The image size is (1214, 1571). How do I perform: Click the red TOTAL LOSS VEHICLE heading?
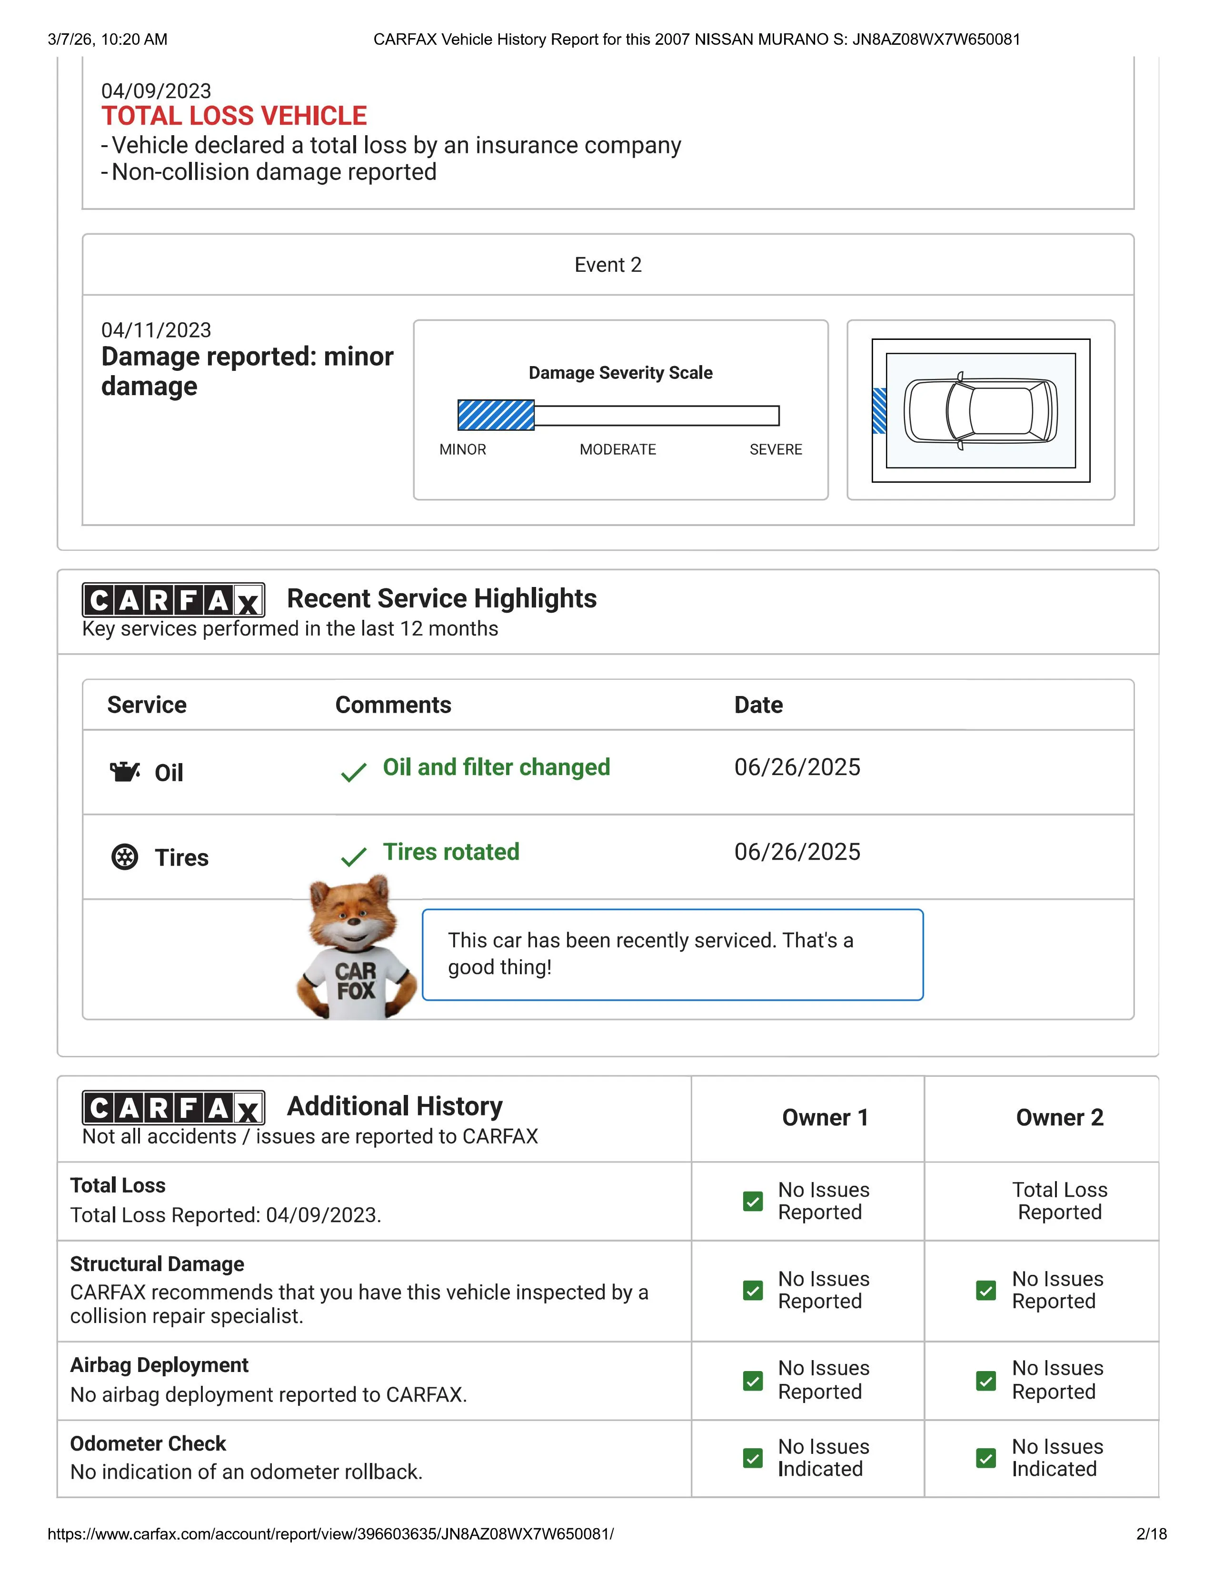click(234, 116)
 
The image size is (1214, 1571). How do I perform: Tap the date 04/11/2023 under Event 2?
click(156, 330)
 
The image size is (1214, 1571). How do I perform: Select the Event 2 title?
click(608, 265)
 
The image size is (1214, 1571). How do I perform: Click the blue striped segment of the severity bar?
click(496, 415)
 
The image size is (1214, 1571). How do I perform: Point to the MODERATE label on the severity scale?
click(618, 449)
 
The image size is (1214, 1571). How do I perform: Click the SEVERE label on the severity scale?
click(775, 449)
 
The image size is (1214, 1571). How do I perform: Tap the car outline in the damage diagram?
click(980, 411)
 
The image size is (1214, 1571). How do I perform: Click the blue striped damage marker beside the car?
click(879, 411)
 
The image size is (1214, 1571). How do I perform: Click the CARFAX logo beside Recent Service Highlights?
click(173, 600)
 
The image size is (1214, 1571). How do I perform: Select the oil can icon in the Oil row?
click(124, 772)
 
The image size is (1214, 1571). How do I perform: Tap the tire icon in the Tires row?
click(124, 857)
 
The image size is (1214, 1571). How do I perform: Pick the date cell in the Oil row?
click(797, 767)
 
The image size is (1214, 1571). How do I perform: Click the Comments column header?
click(393, 705)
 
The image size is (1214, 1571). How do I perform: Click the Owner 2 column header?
click(1059, 1117)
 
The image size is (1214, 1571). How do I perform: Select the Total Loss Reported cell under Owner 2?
click(1059, 1201)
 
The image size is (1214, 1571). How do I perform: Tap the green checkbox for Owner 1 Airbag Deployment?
click(752, 1381)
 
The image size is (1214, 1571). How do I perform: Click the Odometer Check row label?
click(148, 1444)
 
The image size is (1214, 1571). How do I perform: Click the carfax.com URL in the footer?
click(331, 1533)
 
